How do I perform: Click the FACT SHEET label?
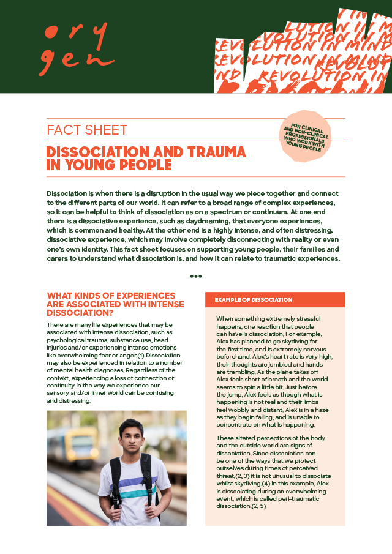(x=87, y=130)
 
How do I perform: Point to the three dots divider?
(x=196, y=276)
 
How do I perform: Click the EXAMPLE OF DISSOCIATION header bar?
(x=275, y=299)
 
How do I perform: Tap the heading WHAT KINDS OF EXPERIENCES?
(x=111, y=296)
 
